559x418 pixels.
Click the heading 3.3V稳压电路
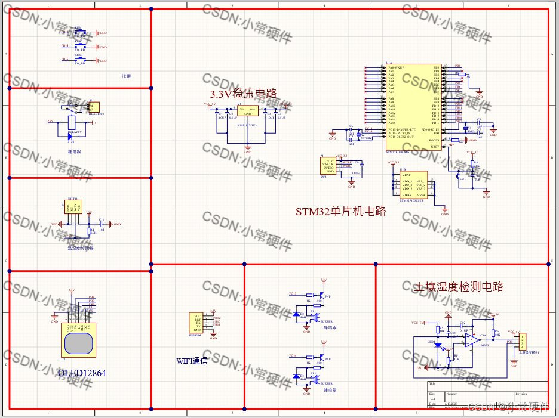coord(242,94)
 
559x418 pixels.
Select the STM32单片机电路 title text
coord(340,211)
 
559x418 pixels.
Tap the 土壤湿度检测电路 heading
coord(459,287)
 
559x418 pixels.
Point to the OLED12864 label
coord(82,373)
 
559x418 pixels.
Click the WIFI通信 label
coord(191,361)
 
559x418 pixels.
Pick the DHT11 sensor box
coord(72,208)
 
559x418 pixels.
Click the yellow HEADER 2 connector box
coord(94,107)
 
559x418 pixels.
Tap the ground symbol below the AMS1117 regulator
coord(247,146)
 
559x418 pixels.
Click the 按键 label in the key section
coord(125,76)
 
